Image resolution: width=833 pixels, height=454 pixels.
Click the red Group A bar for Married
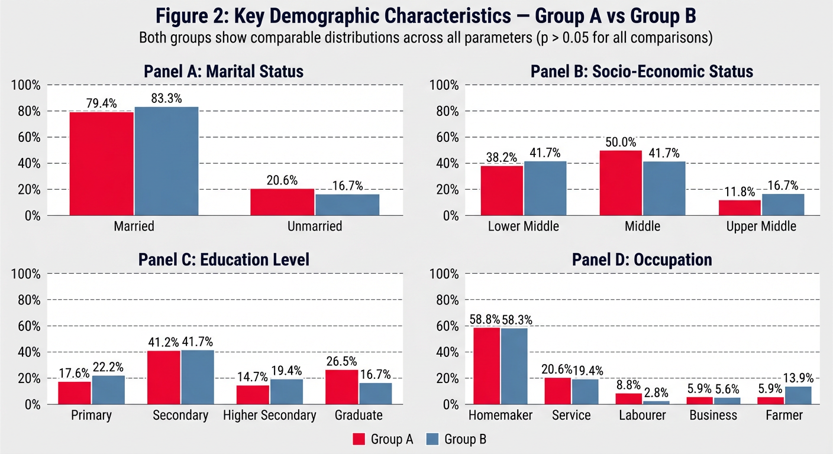tap(102, 163)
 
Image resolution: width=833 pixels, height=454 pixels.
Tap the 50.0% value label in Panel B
tap(621, 142)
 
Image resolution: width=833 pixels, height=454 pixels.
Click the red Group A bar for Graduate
tap(342, 387)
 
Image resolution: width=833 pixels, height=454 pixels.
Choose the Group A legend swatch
tap(359, 439)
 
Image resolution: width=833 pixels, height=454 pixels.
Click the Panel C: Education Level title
tap(224, 260)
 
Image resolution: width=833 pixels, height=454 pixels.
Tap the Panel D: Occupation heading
tap(642, 260)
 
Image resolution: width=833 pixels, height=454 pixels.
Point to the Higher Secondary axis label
tap(270, 416)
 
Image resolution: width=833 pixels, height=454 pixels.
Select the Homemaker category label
tap(501, 416)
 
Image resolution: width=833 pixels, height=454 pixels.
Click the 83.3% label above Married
tap(167, 99)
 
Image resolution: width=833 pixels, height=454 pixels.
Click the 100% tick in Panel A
tap(26, 85)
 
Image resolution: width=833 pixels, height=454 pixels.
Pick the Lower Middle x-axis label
tap(523, 226)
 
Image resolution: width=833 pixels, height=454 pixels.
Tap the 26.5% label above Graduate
tap(343, 361)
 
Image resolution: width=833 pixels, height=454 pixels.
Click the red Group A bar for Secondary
tap(163, 377)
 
